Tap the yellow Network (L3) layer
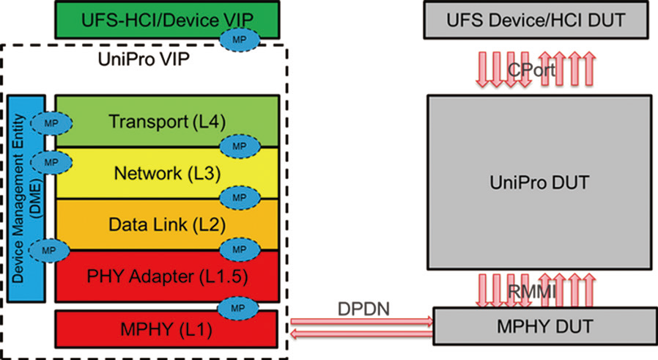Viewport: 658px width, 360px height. (x=158, y=173)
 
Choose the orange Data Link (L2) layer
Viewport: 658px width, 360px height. (x=158, y=222)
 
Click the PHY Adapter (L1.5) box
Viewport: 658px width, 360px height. (x=158, y=277)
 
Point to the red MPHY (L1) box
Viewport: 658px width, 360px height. (x=158, y=330)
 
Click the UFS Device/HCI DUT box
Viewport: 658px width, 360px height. (x=536, y=20)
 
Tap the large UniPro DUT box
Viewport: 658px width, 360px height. (x=539, y=181)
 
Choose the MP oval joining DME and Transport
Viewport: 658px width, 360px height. (x=50, y=123)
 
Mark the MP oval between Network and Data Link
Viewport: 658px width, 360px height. (x=240, y=199)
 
